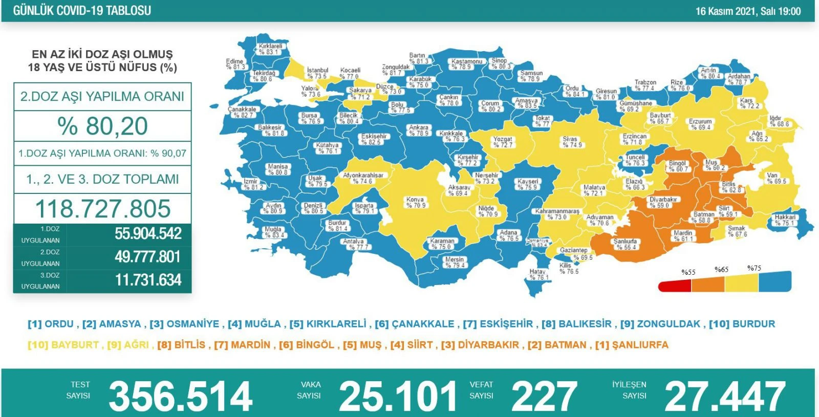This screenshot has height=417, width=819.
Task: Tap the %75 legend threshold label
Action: [754, 268]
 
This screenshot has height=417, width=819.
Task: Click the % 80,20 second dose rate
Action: [102, 126]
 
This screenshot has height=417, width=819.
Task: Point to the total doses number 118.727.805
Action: [102, 209]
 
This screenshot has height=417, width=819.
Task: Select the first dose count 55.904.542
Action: [148, 234]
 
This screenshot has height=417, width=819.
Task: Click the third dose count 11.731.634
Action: [148, 280]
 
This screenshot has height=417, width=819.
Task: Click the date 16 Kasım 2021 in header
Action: [726, 11]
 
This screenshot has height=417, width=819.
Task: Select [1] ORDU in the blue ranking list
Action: [51, 324]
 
